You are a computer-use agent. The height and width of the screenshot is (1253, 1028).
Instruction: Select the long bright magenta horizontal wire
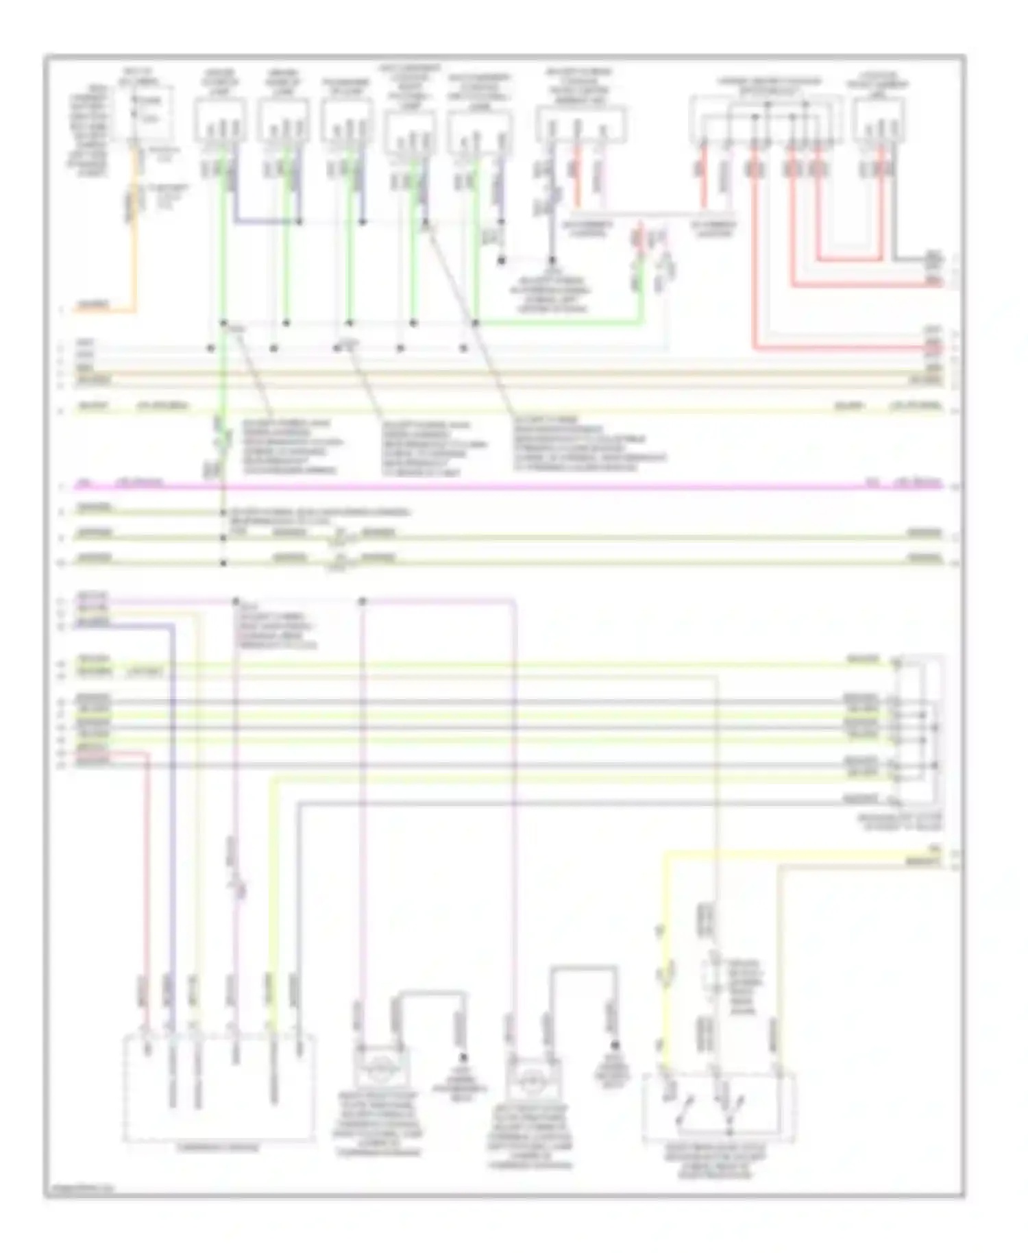pos(480,487)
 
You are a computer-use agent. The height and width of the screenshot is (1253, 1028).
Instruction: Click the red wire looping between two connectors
pos(850,259)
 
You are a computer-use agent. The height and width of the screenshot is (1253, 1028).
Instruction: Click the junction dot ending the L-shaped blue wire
pos(299,221)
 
